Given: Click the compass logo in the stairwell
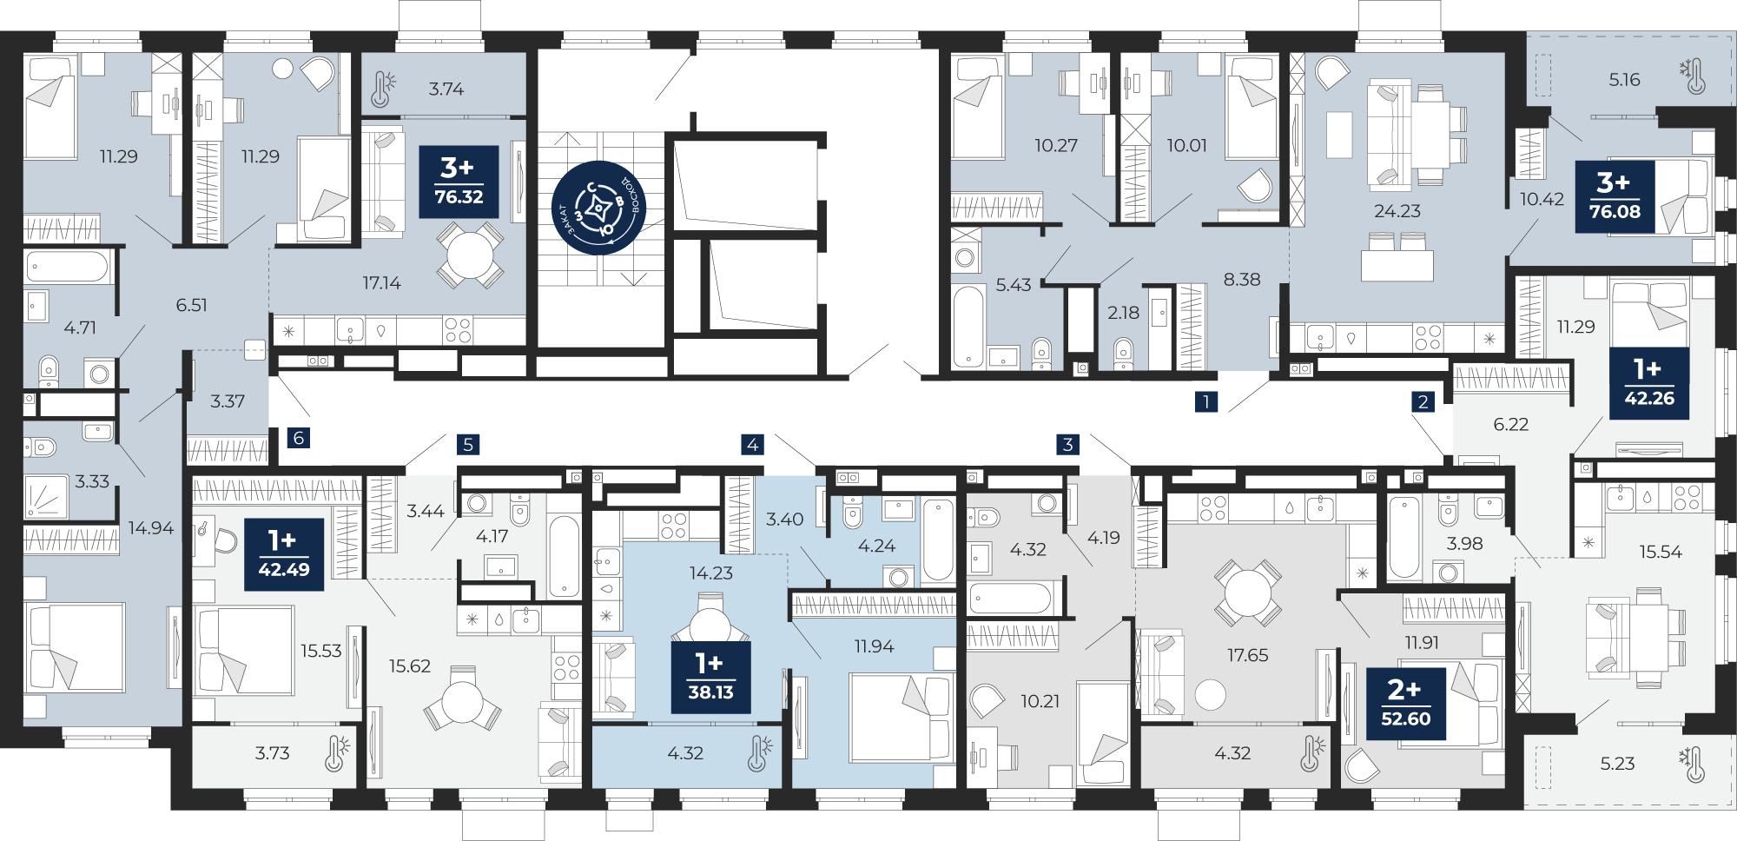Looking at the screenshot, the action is tap(599, 208).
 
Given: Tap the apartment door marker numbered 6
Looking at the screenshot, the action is tap(299, 438).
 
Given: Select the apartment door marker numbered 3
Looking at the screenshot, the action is tap(1068, 445).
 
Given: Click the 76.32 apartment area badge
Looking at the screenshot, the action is tap(459, 182).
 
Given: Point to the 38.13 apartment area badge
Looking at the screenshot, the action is tap(710, 678).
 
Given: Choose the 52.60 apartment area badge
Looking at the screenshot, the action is tap(1406, 704).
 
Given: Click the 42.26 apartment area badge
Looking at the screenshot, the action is tap(1649, 383).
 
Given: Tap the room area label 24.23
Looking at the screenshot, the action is tap(1397, 211).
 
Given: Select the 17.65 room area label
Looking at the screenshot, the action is tap(1247, 655).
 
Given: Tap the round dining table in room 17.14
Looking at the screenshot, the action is tap(469, 255).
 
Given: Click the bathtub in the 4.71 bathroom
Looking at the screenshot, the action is tap(68, 267).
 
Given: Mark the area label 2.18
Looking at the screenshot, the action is tap(1123, 313).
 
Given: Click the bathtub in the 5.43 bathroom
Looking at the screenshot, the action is tap(968, 327).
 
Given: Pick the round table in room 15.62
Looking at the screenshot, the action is tap(462, 701).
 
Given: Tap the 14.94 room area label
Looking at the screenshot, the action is tap(151, 527).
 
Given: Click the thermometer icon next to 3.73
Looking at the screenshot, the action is tap(336, 753).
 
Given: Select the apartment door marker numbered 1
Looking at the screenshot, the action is tap(1205, 401).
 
